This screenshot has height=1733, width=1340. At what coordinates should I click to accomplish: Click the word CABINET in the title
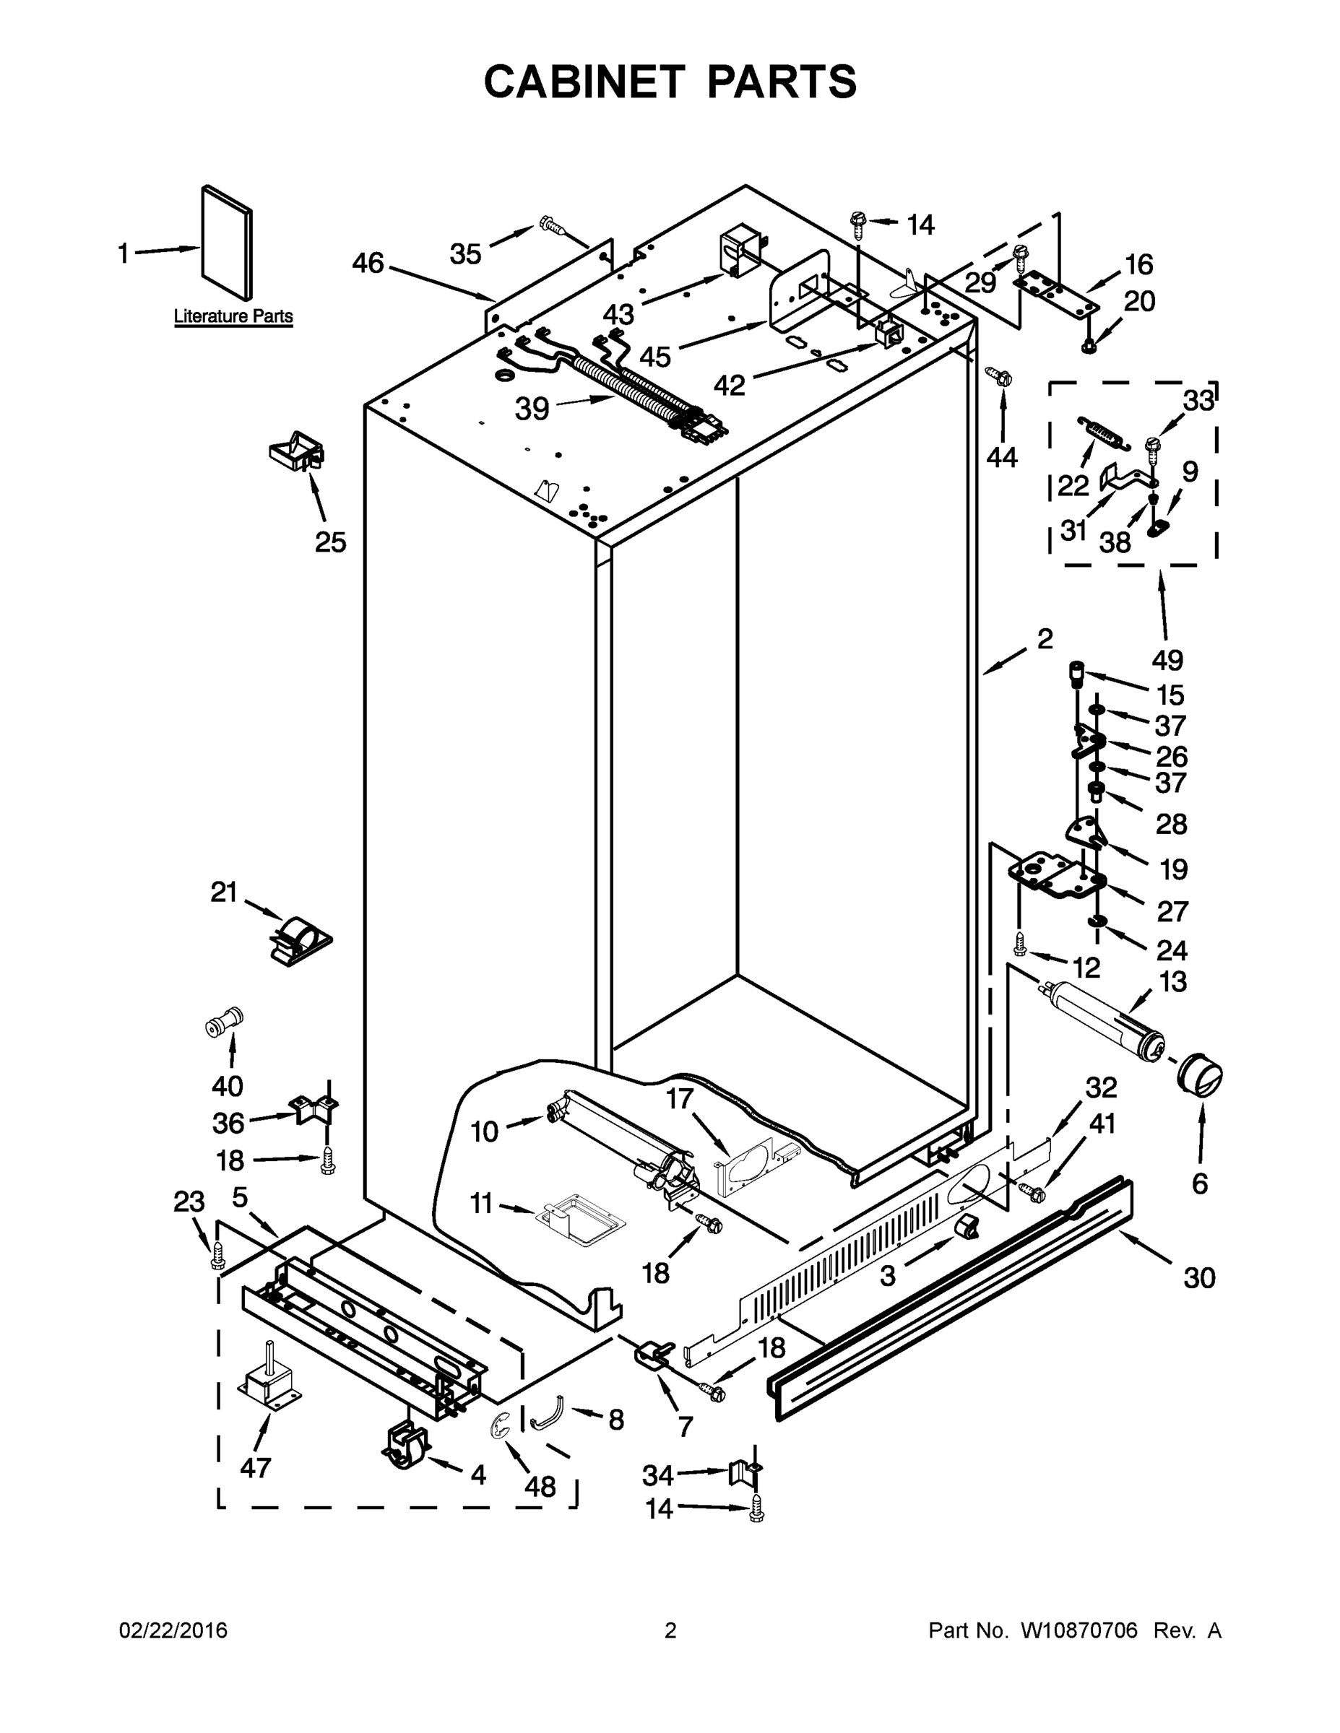(584, 82)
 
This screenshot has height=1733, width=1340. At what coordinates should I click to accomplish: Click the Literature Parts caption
(233, 316)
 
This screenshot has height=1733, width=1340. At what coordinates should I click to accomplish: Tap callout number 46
(368, 263)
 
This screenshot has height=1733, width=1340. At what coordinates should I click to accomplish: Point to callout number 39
(532, 409)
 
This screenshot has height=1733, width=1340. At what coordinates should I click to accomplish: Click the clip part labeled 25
(297, 451)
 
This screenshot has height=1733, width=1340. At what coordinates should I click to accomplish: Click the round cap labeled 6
(1199, 1076)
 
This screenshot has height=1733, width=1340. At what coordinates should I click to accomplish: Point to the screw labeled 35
(552, 225)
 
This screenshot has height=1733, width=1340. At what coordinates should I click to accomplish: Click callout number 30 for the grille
(1198, 1278)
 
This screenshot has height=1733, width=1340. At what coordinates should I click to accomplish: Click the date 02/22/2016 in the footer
(173, 1631)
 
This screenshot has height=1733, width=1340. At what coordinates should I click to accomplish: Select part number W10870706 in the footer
(1078, 1631)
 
